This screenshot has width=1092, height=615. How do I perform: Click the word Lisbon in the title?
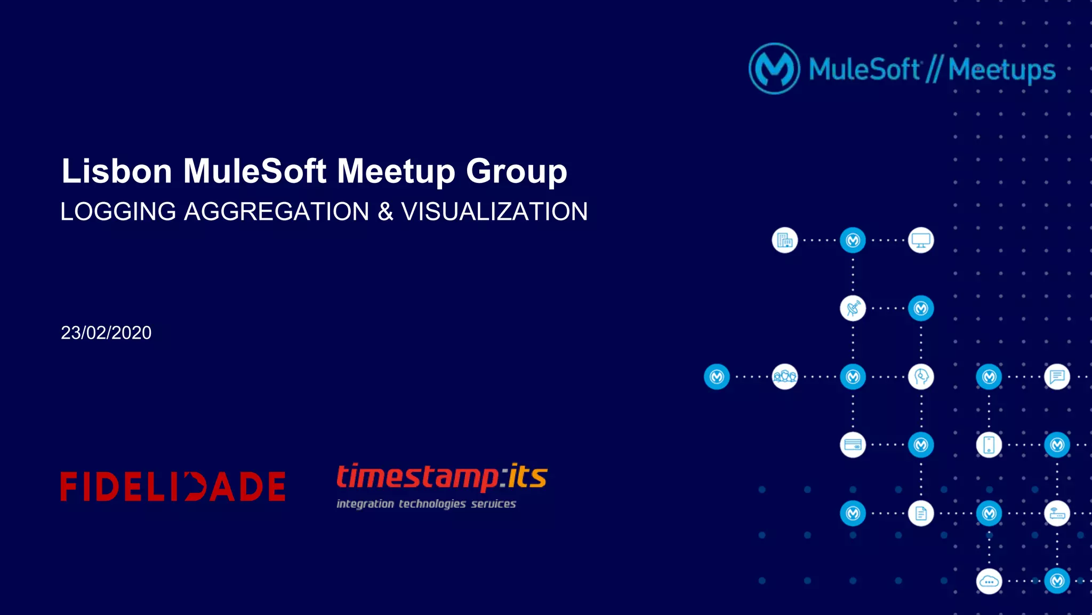117,171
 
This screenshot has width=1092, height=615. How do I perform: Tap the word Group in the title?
516,171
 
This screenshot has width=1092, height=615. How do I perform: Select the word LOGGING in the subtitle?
118,212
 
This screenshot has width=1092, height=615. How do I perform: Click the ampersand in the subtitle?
385,212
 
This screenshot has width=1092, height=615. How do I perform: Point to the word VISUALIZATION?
494,212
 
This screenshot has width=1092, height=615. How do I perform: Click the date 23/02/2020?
106,333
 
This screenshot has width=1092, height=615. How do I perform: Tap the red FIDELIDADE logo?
173,486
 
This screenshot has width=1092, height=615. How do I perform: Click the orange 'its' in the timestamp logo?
527,476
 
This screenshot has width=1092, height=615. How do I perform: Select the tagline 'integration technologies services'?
426,504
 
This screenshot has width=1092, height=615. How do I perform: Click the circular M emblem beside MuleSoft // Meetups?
774,69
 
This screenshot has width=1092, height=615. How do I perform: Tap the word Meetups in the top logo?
1001,70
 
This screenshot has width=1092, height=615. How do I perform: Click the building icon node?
784,241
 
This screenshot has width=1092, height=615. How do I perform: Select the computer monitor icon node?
921,241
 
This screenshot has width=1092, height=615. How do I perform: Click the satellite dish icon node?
853,308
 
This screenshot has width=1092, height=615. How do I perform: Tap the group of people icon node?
784,377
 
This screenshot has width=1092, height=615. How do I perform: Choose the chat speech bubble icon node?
1057,377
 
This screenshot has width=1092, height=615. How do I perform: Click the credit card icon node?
853,445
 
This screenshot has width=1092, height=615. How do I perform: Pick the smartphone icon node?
989,445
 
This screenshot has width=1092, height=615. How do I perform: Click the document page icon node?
921,513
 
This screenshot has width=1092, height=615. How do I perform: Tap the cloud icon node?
989,581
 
